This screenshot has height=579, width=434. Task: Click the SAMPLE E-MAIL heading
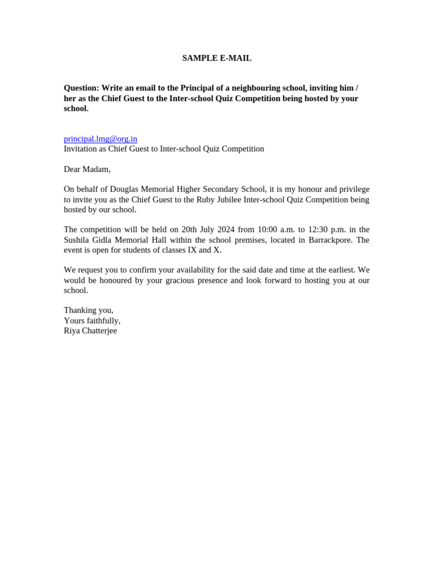point(216,58)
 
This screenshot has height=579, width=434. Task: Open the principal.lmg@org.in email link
point(100,139)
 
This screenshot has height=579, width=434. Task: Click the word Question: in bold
point(81,88)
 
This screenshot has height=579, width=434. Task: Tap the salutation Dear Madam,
point(87,169)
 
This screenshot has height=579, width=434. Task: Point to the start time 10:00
point(267,230)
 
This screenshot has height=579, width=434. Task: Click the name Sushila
point(77,240)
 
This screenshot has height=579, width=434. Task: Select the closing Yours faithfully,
point(92,321)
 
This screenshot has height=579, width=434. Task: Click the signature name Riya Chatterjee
point(90,331)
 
